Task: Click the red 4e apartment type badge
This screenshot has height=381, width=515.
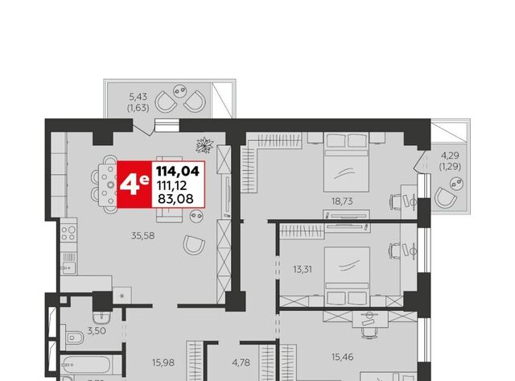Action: coord(134,184)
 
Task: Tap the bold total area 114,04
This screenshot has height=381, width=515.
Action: coord(178,172)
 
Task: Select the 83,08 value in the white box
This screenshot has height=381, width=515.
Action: coord(175,198)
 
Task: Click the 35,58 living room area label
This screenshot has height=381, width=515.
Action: coord(143,236)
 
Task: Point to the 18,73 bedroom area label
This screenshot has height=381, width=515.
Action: coord(342,201)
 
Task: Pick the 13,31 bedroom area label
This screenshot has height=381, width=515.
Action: coord(303,270)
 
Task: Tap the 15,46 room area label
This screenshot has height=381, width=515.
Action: coord(343,357)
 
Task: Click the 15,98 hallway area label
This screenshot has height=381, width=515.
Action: coord(163,362)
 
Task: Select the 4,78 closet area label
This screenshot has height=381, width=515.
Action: coord(241,362)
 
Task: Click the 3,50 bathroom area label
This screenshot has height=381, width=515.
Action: coord(97,331)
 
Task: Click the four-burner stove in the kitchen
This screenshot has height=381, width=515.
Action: coord(68,234)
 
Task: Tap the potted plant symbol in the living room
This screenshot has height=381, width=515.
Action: coord(204,145)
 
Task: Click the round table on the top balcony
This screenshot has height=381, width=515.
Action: coord(180,90)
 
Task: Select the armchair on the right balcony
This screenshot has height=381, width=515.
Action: coord(446,197)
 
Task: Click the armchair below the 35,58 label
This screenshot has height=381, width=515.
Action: coord(194,245)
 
